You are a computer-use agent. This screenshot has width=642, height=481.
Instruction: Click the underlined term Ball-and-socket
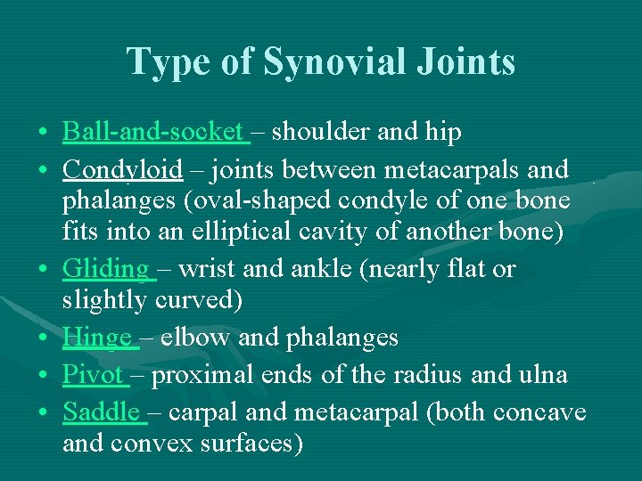click(x=153, y=133)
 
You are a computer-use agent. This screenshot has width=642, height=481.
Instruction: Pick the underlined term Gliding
click(x=106, y=268)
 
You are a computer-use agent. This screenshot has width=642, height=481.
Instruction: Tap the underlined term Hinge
click(x=96, y=337)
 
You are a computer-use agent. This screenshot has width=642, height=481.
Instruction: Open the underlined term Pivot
click(x=93, y=375)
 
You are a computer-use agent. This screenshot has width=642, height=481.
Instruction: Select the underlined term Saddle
click(x=101, y=412)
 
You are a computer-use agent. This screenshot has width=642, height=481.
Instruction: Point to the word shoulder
click(x=322, y=133)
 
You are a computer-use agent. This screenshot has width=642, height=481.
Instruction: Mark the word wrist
click(x=206, y=268)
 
